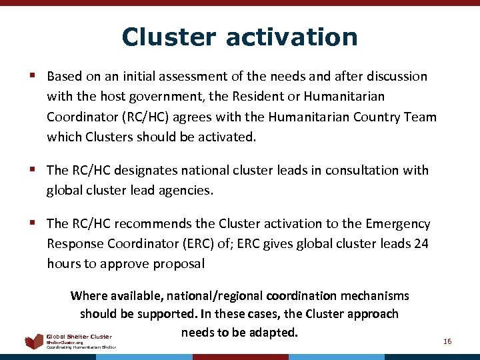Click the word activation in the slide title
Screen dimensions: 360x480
291,37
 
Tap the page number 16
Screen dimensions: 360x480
447,341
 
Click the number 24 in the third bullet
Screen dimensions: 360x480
421,244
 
